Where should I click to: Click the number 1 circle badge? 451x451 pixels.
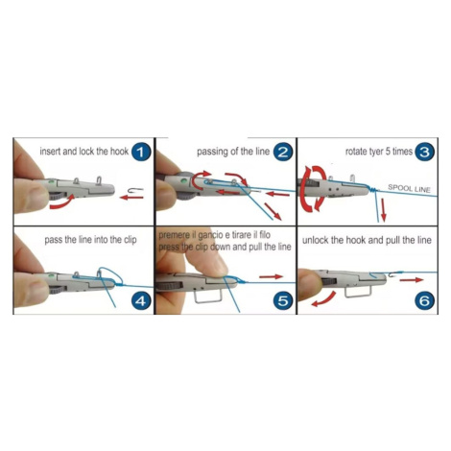pos(141,152)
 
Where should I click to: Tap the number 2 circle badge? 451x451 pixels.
pos(283,152)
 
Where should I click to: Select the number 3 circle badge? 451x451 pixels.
pos(424,152)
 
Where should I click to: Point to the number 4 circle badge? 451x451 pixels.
pos(141,301)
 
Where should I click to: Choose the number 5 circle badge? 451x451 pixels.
pos(283,301)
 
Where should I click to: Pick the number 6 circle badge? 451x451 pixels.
pos(424,301)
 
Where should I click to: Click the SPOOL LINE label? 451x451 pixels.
pos(409,188)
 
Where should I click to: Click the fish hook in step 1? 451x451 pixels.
pos(135,190)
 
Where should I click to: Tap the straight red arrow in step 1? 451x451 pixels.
pos(131,198)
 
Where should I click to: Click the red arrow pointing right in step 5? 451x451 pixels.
pos(271,276)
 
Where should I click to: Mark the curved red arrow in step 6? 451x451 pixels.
pos(324,300)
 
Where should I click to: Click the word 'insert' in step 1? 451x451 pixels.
pos(50,151)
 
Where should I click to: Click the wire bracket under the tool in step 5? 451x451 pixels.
pos(208,296)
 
